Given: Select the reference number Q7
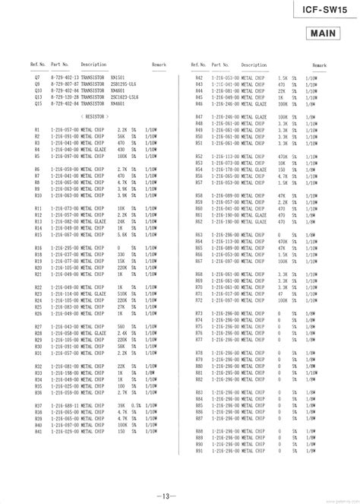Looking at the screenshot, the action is (37, 78).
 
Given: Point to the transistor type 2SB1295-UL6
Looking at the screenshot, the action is (124, 84).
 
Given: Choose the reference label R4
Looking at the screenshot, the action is (37, 149).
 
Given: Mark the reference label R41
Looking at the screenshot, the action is (38, 431).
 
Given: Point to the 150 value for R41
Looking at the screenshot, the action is (121, 431).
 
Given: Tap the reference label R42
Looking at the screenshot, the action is (199, 78).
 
